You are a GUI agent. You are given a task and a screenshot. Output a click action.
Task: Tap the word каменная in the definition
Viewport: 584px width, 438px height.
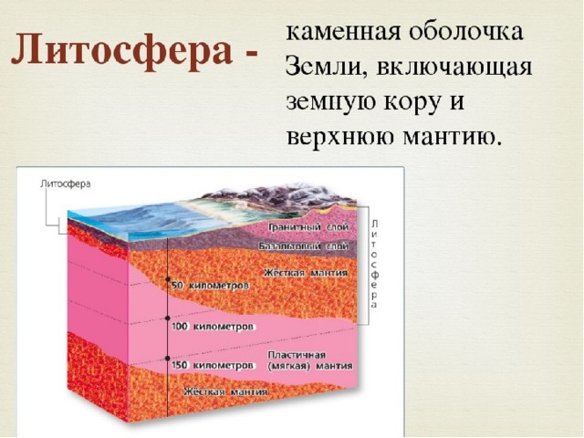pyautogui.click(x=343, y=32)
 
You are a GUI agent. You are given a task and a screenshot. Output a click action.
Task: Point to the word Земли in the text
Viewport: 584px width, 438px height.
pyautogui.click(x=327, y=68)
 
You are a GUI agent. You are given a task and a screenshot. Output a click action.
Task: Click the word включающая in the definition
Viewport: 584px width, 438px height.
pyautogui.click(x=454, y=69)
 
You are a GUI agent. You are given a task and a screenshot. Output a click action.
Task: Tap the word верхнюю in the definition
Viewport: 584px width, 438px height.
pyautogui.click(x=340, y=137)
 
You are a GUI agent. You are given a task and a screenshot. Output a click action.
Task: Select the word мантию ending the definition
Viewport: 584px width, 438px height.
pyautogui.click(x=451, y=137)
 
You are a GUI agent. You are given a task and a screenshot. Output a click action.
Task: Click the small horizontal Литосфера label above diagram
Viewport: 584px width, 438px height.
pyautogui.click(x=65, y=184)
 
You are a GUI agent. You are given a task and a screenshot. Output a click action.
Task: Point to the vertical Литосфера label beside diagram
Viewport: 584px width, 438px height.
pyautogui.click(x=375, y=264)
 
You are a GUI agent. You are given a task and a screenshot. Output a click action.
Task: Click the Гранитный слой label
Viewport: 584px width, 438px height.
pyautogui.click(x=308, y=227)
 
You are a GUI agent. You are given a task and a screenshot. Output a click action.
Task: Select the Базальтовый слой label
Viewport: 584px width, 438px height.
pyautogui.click(x=304, y=246)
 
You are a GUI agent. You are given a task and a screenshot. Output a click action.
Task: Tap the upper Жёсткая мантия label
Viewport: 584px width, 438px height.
pyautogui.click(x=306, y=273)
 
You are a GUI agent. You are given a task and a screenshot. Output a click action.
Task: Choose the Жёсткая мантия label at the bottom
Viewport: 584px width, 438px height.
pyautogui.click(x=225, y=391)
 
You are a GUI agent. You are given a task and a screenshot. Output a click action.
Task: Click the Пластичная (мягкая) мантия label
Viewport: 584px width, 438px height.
pyautogui.click(x=310, y=360)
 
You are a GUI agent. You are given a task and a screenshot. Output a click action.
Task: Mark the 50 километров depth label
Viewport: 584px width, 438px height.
pyautogui.click(x=211, y=286)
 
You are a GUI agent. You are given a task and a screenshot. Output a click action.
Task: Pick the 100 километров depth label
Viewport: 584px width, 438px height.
pyautogui.click(x=213, y=327)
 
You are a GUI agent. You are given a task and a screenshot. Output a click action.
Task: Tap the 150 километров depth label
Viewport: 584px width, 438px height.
pyautogui.click(x=214, y=365)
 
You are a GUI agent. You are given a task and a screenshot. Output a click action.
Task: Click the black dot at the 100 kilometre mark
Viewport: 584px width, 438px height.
pyautogui.click(x=168, y=318)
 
